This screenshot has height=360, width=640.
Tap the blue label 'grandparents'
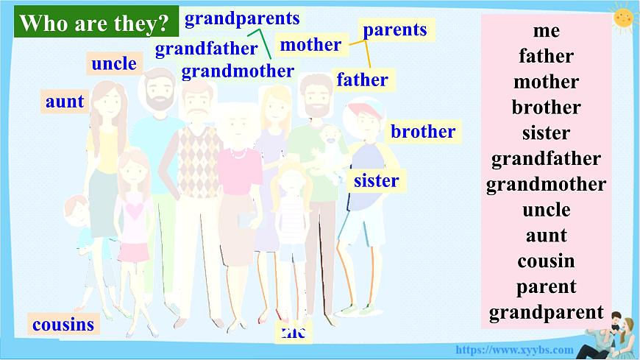[x=242, y=18]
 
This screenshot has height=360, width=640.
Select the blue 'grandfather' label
[x=206, y=49]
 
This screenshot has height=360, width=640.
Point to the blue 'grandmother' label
[x=238, y=71]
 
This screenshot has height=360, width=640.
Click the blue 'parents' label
[x=395, y=29]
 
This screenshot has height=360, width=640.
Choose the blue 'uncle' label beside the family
[x=114, y=64]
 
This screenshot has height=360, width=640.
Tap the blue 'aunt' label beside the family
[x=65, y=102]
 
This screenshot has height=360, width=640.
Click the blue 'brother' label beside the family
[x=423, y=132]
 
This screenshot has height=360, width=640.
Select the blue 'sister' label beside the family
[x=376, y=180]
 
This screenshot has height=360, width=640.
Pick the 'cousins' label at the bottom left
[x=63, y=324]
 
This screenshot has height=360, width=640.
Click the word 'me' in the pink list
[x=546, y=30]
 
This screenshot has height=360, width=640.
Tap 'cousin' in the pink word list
[x=546, y=261]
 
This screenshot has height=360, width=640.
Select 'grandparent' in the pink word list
[x=546, y=313]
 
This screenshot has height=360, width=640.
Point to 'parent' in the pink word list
[x=546, y=287]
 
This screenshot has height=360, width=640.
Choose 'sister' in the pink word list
[x=546, y=133]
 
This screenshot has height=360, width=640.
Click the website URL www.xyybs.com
[x=514, y=350]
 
